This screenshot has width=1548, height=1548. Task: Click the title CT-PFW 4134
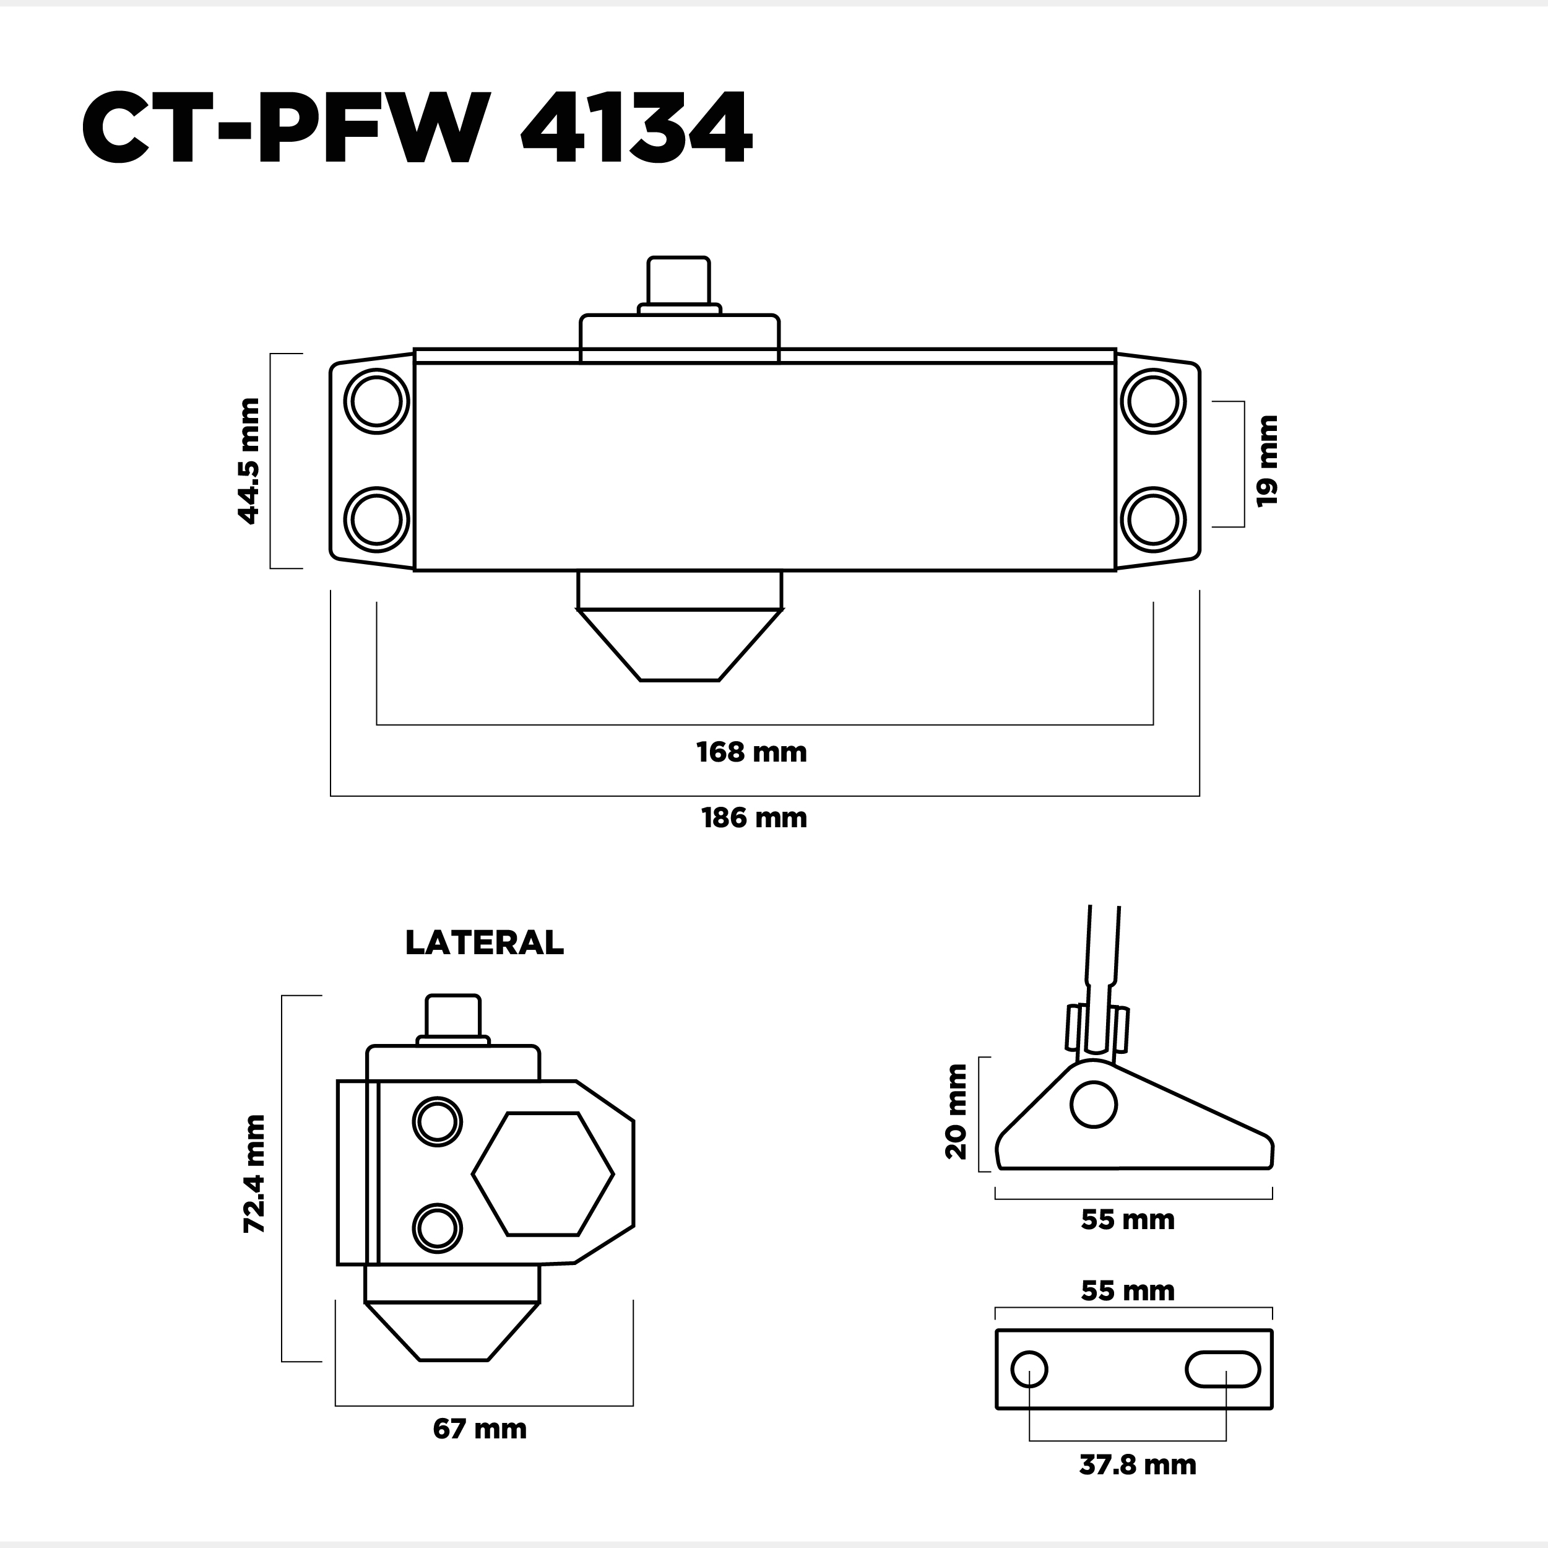[416, 128]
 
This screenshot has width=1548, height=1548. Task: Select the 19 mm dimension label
[1267, 461]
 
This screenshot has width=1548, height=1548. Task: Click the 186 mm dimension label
[754, 819]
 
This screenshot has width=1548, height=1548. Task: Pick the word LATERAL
[484, 943]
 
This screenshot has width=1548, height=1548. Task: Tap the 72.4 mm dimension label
[254, 1185]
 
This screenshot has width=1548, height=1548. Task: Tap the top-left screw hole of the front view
[376, 401]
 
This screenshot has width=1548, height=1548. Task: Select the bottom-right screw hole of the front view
[1153, 520]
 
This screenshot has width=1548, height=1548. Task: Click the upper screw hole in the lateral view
[438, 1121]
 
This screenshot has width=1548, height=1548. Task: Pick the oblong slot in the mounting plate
[1222, 1368]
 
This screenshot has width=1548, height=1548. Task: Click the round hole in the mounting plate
[1029, 1368]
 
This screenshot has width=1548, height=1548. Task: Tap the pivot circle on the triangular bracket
[1094, 1105]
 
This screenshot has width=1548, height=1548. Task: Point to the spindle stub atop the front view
[678, 280]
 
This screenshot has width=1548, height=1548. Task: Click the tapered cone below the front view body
[680, 644]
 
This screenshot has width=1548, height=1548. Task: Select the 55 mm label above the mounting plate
[1127, 1290]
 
